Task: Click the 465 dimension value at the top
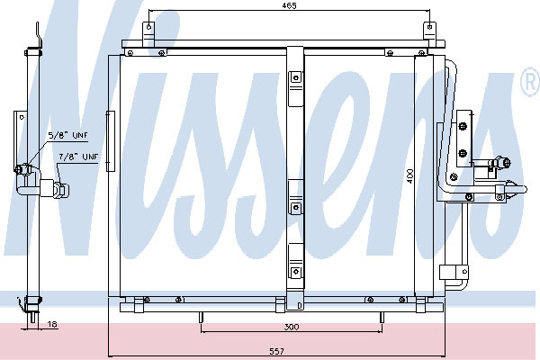coord(289,6)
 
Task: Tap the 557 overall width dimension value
coord(277,351)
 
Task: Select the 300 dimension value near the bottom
coord(292,327)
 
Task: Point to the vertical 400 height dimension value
coord(409,176)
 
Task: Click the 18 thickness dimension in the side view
coord(52,325)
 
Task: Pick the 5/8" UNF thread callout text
coord(67,135)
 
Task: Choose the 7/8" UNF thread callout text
coord(78,157)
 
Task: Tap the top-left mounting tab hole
coord(148,26)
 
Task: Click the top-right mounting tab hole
coord(429,26)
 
